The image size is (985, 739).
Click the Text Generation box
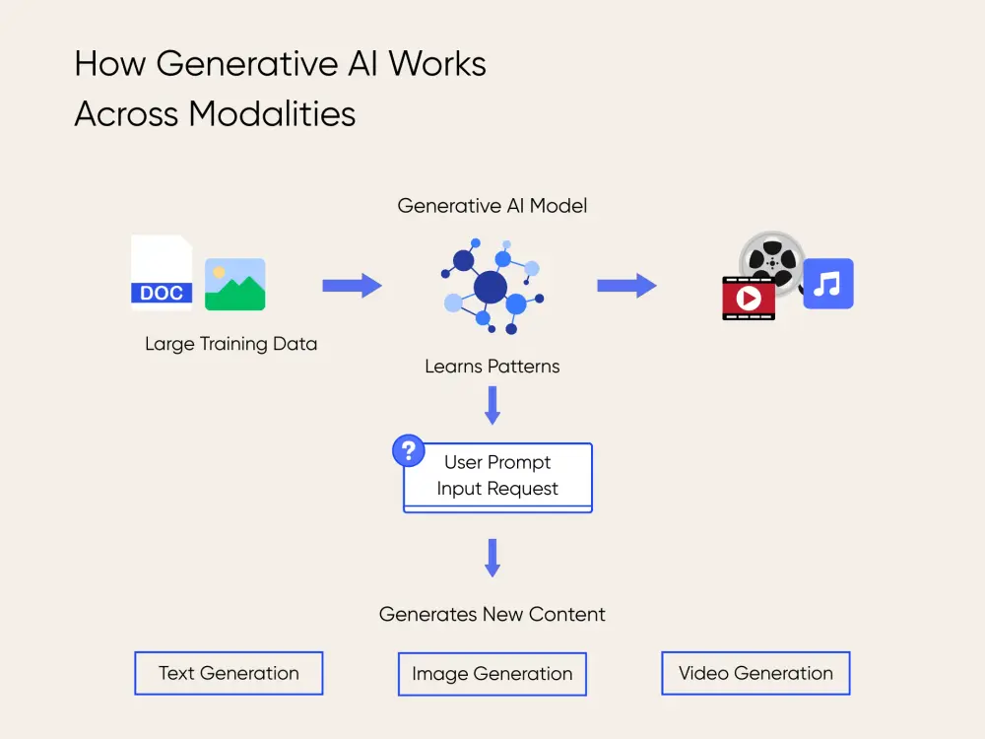229,673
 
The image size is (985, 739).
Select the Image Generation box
492,674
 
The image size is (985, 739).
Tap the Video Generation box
755,673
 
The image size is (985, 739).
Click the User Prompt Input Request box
498,477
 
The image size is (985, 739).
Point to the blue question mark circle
408,451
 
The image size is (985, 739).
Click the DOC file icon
162,274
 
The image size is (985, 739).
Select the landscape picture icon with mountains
234,285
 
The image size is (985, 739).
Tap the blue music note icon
827,284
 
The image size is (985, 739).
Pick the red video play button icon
749,298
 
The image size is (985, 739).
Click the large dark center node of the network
490,288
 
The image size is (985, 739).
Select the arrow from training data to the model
352,286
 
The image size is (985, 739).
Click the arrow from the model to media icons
626,286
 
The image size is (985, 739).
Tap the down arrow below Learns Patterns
492,405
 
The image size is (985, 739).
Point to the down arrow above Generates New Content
492,558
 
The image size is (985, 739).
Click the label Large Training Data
230,344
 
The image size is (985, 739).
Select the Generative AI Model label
492,206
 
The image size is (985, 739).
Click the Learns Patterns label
492,367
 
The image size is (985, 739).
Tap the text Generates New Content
492,614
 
